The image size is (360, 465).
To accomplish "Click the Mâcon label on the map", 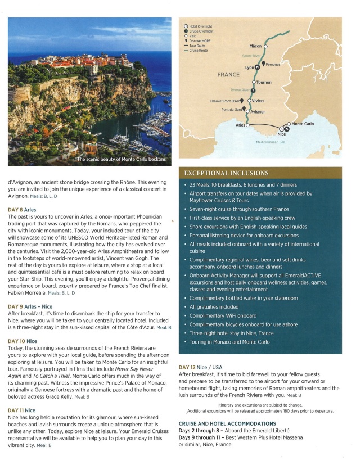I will point(256,46).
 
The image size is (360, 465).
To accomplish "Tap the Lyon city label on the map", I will point(250,67).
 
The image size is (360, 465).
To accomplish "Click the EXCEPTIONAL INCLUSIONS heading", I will point(227,173).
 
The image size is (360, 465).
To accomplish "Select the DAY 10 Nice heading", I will point(22,341).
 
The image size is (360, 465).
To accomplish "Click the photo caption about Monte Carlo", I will point(121,160).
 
